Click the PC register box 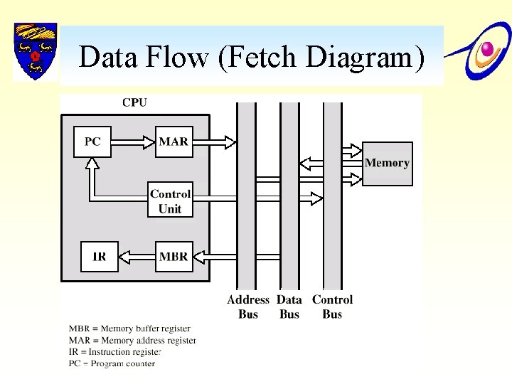[92, 142]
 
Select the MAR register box [174, 142]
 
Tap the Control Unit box [170, 201]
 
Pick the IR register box [99, 257]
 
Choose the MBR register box [174, 257]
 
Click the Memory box [387, 163]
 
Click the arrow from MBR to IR [137, 257]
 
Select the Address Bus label [248, 307]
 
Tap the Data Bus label [289, 307]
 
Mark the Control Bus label [332, 307]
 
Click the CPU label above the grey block [134, 102]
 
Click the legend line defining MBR [129, 329]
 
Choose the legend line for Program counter [112, 363]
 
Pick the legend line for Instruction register [116, 352]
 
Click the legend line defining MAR [132, 341]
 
